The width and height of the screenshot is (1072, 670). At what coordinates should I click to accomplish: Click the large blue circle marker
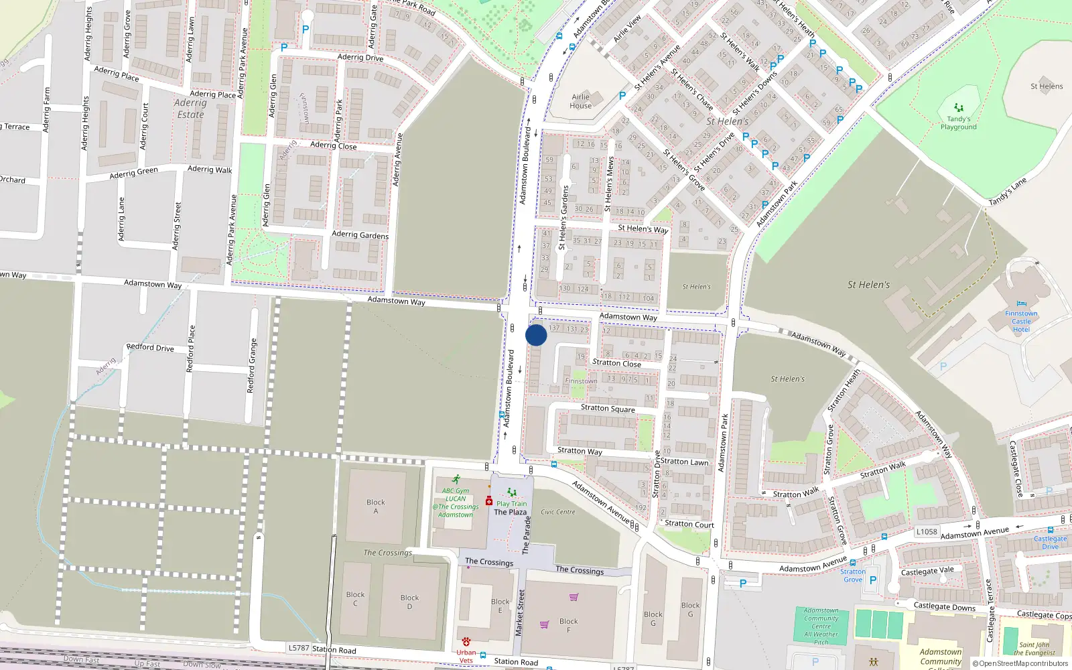[x=536, y=335]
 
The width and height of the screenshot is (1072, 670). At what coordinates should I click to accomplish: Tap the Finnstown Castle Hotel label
[x=1021, y=322]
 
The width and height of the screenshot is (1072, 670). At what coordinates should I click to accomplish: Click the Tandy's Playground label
[x=958, y=123]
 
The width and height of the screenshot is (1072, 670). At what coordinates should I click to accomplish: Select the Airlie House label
[x=581, y=101]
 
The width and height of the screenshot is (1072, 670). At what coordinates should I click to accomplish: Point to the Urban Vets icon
[x=466, y=642]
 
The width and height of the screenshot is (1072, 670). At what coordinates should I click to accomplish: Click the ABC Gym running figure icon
[x=456, y=480]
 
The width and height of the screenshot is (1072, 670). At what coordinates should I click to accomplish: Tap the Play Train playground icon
[x=512, y=492]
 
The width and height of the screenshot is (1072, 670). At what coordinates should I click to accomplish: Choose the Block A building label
[x=375, y=507]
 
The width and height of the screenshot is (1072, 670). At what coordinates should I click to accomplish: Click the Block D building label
[x=409, y=602]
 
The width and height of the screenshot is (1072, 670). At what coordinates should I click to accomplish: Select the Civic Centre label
[x=557, y=512]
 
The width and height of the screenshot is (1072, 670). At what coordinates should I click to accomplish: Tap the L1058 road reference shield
[x=927, y=531]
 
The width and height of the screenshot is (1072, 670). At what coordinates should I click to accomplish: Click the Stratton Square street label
[x=608, y=408]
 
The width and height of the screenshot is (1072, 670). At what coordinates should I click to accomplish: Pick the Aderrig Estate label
[x=190, y=109]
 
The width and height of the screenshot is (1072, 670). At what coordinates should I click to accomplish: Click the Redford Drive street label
[x=150, y=347]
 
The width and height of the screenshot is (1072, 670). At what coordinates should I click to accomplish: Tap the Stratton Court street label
[x=689, y=524]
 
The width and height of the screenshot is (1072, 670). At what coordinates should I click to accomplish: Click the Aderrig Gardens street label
[x=360, y=234]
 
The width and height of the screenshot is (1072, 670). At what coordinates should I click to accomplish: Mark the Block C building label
[x=355, y=598]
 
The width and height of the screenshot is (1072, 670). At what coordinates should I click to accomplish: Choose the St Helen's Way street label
[x=643, y=228]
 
